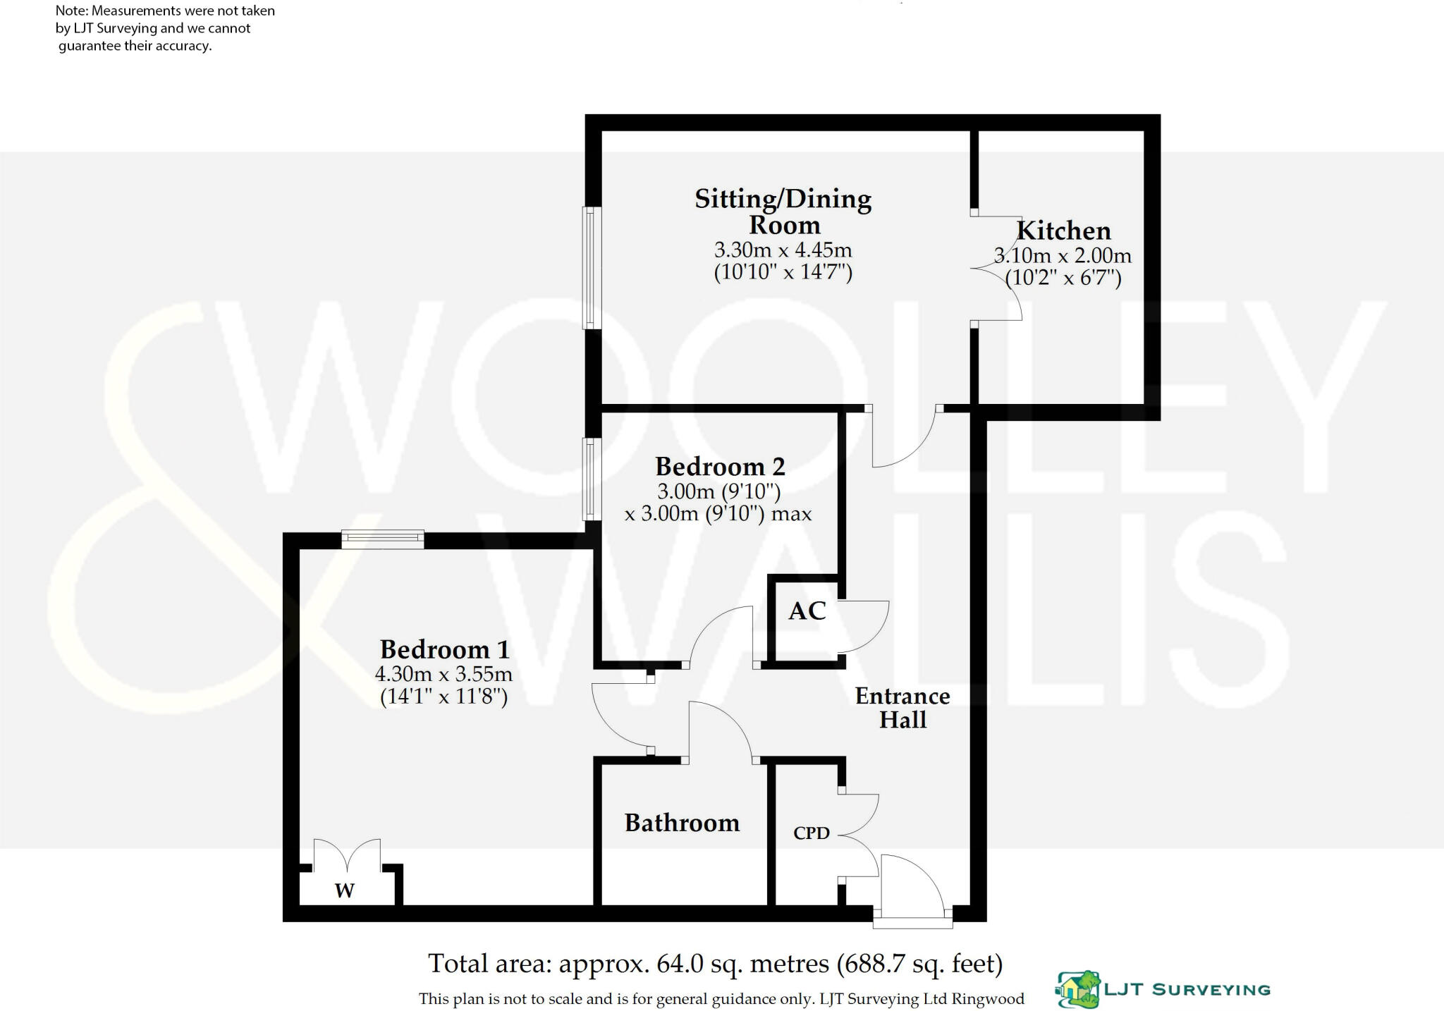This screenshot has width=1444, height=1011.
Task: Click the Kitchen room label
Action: (x=1063, y=231)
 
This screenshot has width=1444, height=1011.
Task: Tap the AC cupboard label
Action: (x=807, y=611)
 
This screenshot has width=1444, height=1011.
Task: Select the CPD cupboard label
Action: (x=811, y=833)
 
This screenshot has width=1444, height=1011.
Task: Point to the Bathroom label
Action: (x=682, y=823)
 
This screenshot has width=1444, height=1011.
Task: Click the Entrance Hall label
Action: (x=902, y=708)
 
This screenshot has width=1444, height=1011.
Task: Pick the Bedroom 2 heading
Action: (x=720, y=467)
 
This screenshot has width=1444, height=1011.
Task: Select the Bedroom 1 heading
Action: (x=444, y=649)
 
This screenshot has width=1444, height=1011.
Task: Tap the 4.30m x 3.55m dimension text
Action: (x=443, y=674)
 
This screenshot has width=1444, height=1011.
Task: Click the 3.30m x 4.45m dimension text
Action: (x=783, y=250)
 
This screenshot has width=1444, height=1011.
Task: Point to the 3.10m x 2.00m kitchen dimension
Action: (x=1063, y=256)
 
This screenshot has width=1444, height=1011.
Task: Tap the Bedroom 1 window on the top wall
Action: (x=383, y=540)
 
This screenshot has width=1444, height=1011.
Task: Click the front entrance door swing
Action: (x=910, y=885)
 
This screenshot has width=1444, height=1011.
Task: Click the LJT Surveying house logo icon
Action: (x=1077, y=989)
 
